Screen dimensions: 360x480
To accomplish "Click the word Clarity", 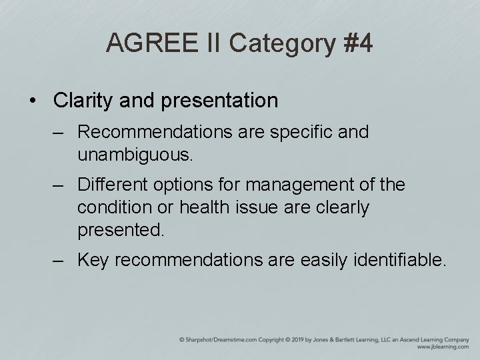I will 82,100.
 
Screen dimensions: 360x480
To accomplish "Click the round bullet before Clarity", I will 33,101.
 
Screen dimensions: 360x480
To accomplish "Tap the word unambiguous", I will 135,155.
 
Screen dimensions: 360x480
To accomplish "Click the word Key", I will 93,259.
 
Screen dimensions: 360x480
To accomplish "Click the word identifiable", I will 403,259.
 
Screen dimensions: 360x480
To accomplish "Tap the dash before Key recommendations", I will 61,259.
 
